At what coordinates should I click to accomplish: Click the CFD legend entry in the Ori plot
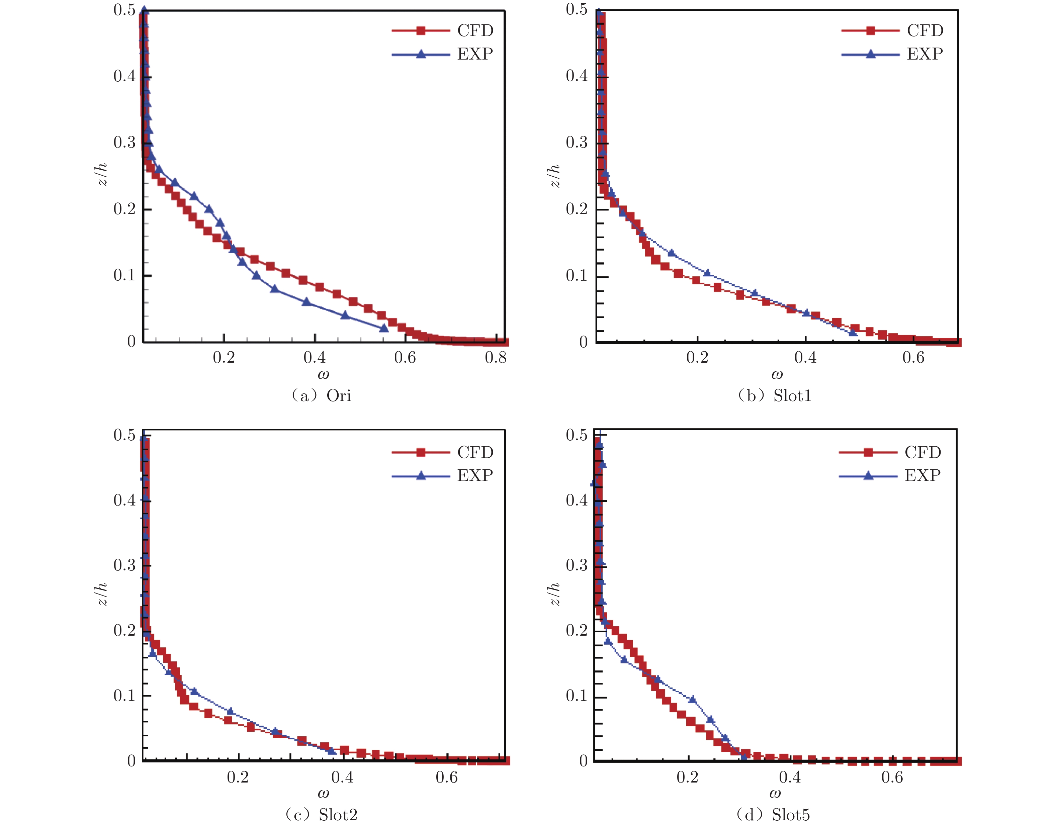[x=475, y=30]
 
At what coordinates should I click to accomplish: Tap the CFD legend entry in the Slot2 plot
[x=475, y=452]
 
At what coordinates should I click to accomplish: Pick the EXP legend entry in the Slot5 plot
[x=922, y=476]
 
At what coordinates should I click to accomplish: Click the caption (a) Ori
[x=321, y=395]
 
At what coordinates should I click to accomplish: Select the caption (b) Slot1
[x=774, y=395]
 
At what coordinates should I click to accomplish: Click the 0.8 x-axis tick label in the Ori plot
[x=496, y=357]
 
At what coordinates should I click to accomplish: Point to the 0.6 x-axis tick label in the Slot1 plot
[x=913, y=357]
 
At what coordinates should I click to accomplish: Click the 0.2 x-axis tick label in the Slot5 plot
[x=687, y=777]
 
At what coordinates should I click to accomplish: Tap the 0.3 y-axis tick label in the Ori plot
[x=124, y=143]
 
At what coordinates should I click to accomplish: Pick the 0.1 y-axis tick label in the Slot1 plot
[x=577, y=276]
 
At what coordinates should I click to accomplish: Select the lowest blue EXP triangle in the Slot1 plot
[x=853, y=332]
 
